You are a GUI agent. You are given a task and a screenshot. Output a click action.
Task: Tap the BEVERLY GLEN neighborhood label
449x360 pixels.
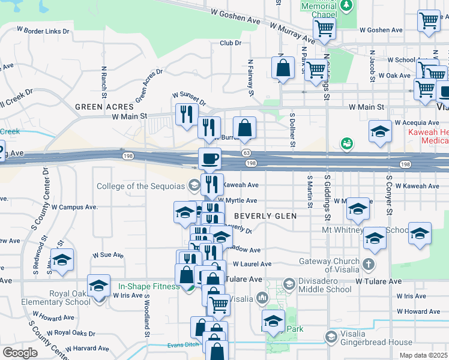265,215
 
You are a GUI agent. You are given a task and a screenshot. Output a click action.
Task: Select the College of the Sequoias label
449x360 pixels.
142,186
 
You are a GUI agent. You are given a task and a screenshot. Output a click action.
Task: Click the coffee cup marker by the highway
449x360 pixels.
209,159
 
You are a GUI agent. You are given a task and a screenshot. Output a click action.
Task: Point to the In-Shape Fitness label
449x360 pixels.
149,286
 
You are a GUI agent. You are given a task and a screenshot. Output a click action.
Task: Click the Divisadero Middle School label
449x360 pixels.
324,289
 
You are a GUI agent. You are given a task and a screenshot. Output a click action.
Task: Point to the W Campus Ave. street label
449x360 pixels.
74,207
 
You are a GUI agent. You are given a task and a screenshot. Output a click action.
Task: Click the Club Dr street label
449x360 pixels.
230,43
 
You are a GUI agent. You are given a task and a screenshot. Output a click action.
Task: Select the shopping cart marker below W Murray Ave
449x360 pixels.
324,28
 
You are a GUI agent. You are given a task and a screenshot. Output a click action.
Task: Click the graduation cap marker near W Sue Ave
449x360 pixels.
62,259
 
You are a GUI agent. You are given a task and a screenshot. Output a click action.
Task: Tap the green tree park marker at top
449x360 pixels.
346,5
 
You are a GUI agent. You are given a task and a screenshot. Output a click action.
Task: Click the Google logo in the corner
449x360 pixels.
20,353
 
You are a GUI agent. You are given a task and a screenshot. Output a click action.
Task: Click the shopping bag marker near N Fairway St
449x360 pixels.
244,127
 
